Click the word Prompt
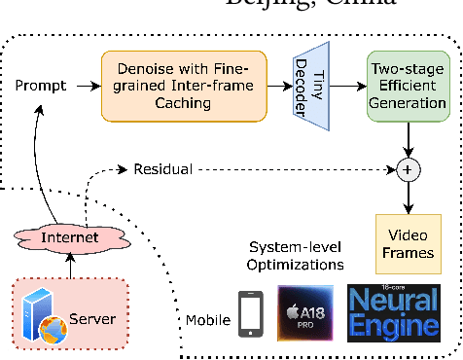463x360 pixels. point(41,86)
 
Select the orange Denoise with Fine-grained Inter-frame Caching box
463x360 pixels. point(183,87)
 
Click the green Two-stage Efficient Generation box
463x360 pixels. point(407,87)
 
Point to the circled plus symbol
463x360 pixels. point(407,169)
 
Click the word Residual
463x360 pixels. point(163,169)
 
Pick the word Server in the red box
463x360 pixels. point(95,318)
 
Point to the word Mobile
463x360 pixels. point(207,320)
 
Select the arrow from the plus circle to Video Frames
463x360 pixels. point(407,197)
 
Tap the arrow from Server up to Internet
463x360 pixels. point(70,265)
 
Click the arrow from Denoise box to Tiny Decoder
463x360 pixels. point(279,87)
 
